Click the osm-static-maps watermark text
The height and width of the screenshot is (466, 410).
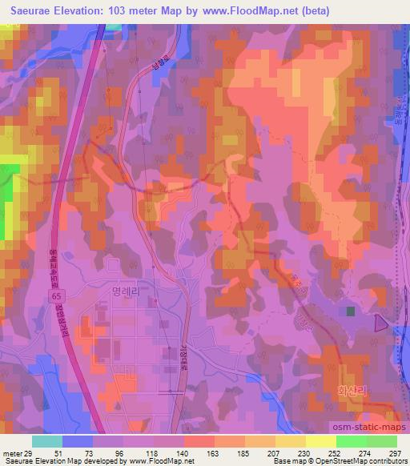(364, 428)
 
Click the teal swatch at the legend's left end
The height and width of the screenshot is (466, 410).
(47, 440)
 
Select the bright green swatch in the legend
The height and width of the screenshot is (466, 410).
(351, 440)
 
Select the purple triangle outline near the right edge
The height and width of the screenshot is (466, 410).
(402, 322)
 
